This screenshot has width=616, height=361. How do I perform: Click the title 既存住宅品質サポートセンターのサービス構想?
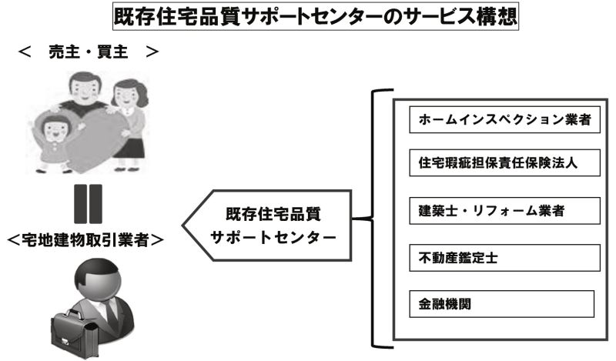(316, 16)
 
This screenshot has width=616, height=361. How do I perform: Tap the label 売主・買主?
(89, 52)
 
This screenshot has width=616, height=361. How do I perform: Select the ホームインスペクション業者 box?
(504, 119)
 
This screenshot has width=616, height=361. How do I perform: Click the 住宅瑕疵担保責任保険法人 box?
(504, 162)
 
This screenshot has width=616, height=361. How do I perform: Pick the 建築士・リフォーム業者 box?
(504, 211)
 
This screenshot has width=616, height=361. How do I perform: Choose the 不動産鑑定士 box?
(504, 258)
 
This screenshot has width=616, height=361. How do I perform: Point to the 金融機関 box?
(501, 303)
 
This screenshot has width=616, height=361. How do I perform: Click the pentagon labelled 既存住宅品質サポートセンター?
(266, 226)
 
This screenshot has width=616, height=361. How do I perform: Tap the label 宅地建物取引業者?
(85, 239)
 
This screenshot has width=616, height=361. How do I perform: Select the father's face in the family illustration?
(84, 89)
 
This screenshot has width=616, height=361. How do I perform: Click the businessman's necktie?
(112, 314)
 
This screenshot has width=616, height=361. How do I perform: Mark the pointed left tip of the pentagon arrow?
(182, 226)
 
